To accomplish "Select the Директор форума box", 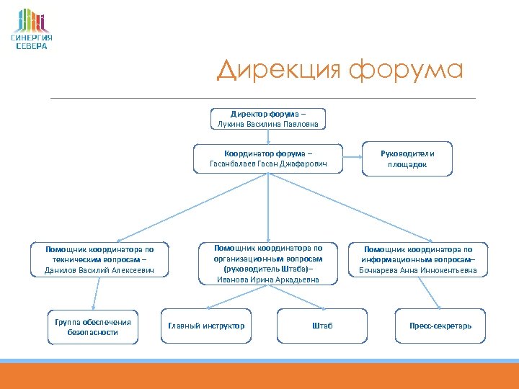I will (x=268, y=119).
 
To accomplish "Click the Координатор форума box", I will (x=268, y=158).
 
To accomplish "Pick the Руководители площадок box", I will (x=407, y=158).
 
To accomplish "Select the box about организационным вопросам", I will (x=268, y=263).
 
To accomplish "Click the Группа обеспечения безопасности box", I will (x=92, y=327).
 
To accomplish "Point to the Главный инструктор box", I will (x=206, y=326).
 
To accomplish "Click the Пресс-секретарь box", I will (x=440, y=326).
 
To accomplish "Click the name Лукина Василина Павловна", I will (x=268, y=124).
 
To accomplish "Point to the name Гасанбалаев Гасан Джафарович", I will (x=268, y=164).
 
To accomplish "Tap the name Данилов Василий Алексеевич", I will (x=99, y=270).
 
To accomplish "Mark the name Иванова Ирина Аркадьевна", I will (x=268, y=280).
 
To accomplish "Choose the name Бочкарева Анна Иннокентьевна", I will (x=418, y=270).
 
